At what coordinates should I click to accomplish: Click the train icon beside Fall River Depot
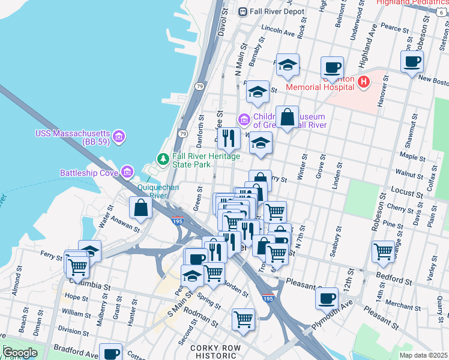(243, 11)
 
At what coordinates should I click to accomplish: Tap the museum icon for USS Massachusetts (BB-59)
(119, 136)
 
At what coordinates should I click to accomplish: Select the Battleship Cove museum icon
(127, 173)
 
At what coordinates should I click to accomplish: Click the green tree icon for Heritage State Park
(162, 159)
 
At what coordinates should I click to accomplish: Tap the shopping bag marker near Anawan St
(140, 208)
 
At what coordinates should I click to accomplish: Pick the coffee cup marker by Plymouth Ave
(327, 298)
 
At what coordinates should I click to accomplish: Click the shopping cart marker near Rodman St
(243, 319)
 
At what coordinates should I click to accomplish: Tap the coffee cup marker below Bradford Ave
(110, 354)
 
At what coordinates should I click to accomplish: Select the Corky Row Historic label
(215, 352)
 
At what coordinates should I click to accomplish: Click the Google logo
(20, 353)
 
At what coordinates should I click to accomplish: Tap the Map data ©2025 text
(423, 355)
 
